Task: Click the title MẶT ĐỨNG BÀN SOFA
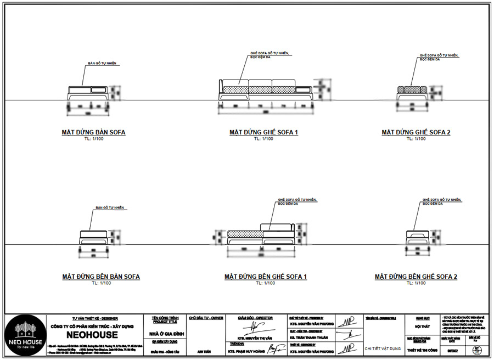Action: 93,133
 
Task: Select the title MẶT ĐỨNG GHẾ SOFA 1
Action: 263,133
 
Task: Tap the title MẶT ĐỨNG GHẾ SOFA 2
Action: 416,133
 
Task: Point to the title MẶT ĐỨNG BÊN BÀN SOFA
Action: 101,277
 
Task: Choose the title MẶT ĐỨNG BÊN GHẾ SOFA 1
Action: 265,277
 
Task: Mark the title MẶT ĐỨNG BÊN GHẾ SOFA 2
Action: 416,277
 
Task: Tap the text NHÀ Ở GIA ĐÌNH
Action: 165,334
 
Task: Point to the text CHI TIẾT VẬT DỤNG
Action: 382,348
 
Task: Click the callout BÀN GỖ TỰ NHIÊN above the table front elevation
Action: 103,64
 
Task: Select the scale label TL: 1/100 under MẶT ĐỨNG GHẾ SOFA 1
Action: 263,139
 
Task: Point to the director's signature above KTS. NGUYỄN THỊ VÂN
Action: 256,327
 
